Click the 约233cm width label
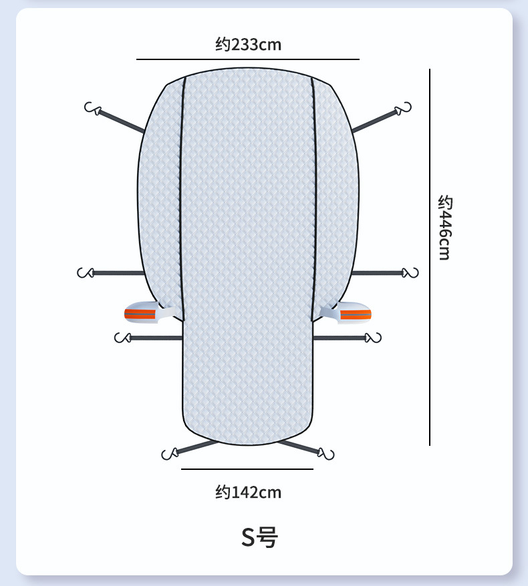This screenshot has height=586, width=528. click(248, 45)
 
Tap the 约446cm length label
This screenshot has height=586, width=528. click(444, 227)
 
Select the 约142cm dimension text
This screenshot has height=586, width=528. click(248, 492)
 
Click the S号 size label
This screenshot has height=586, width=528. click(260, 537)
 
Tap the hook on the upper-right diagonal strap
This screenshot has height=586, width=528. click(403, 108)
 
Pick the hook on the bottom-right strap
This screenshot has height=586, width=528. click(325, 454)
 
